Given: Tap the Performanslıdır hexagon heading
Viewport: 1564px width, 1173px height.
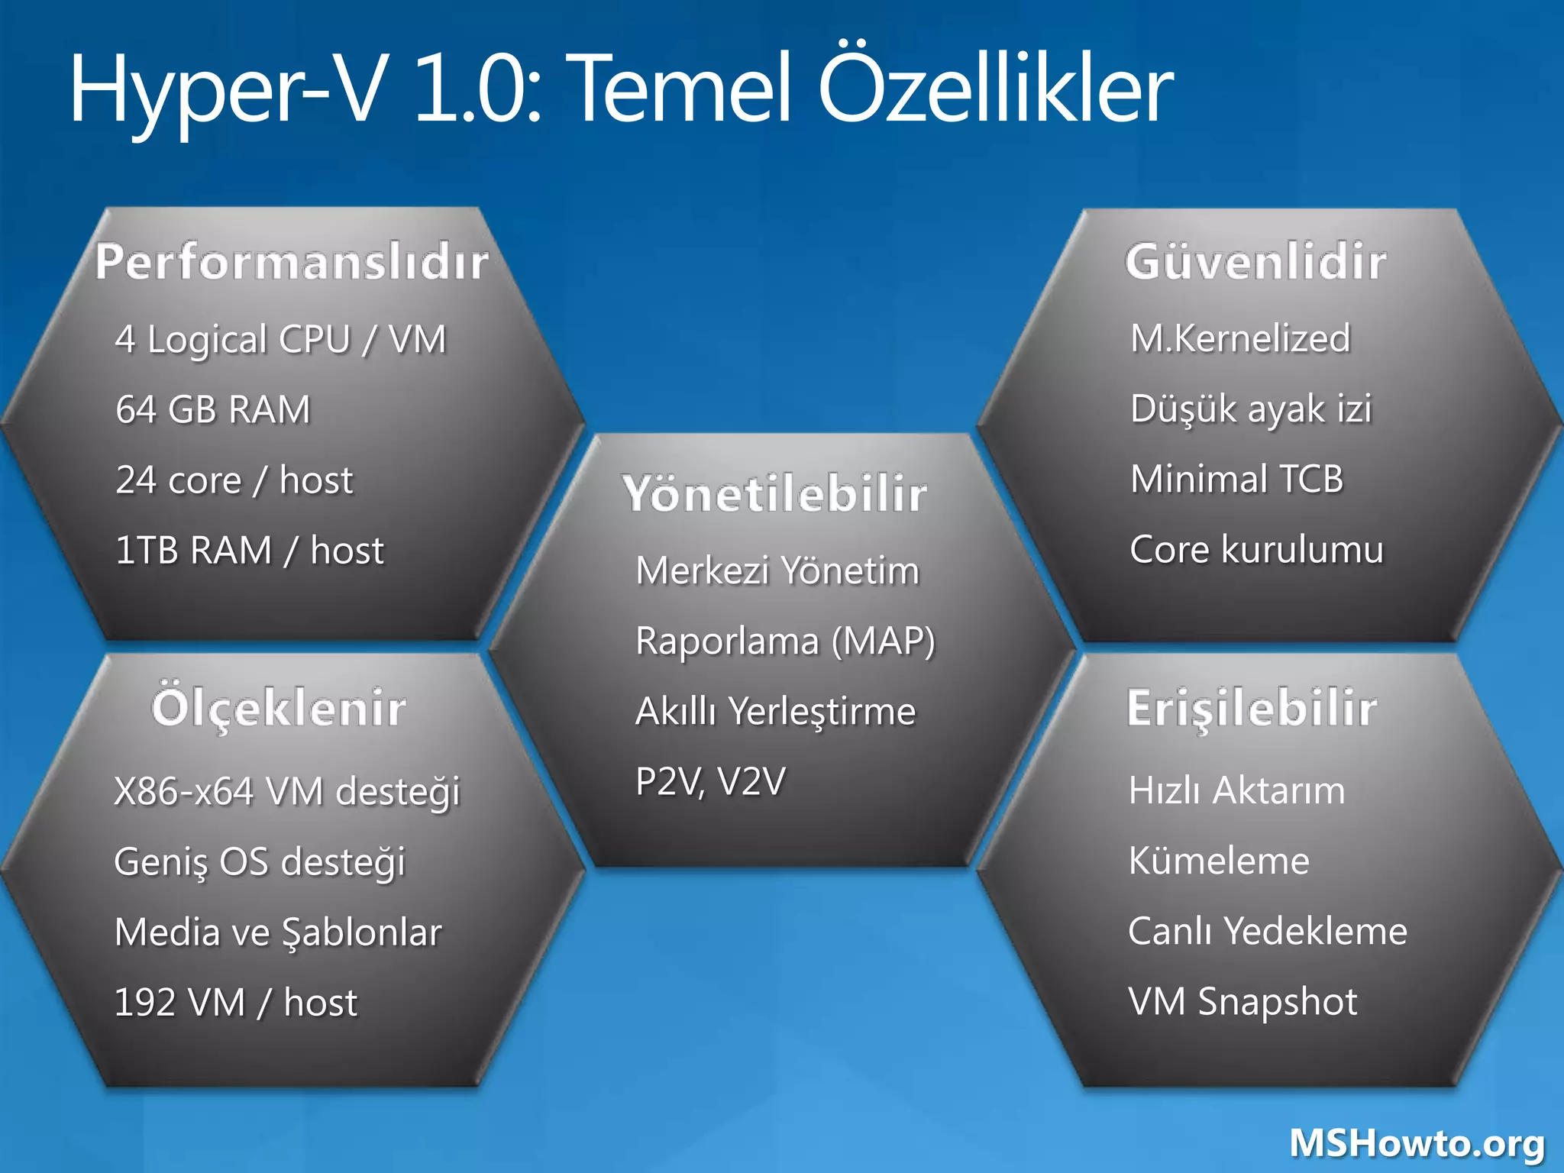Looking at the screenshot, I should pos(292,262).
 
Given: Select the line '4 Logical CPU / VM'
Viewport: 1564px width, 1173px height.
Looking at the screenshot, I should pos(280,339).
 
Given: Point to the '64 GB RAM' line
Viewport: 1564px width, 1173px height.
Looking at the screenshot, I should pos(213,409).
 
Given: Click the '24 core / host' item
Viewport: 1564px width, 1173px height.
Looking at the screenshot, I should pos(234,480).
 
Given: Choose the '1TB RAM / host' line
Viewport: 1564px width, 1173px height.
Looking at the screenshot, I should pos(249,551).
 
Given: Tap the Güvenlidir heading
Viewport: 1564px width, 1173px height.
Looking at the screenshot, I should pos(1255,261).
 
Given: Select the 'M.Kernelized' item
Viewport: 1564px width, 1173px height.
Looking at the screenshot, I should pos(1240,338).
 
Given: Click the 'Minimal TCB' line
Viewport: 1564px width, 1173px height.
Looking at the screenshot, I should pos(1236,479).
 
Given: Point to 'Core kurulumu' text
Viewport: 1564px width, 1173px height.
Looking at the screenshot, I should pos(1256,550).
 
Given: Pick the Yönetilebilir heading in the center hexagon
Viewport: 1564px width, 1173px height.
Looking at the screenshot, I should pos(774,493).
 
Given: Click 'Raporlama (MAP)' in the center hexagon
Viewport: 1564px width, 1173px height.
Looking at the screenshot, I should pos(785,641).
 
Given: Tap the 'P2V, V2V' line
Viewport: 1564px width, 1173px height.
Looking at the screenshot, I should pos(710,781).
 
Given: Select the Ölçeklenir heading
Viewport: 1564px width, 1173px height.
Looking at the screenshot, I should pos(279,708).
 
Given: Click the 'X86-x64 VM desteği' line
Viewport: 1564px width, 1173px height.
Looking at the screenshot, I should pos(286,791).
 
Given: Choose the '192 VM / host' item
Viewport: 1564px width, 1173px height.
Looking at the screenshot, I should pos(235,1003).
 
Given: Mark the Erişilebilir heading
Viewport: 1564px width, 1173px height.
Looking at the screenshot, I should pos(1252,708).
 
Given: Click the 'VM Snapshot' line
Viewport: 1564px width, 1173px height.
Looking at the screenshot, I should pos(1243,1001).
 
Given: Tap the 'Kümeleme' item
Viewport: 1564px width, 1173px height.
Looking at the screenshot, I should pos(1219,861).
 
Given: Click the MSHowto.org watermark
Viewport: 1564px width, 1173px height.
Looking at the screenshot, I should pos(1417,1144).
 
